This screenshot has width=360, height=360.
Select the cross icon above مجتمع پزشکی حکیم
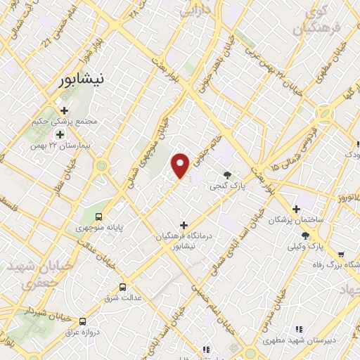64,110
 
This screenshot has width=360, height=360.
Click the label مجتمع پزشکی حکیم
63,122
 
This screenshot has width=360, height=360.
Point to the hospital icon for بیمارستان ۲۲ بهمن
60,134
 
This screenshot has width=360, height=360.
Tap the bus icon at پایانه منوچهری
99,216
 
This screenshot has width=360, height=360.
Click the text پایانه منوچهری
98,228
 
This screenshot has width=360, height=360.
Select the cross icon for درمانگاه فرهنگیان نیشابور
184,225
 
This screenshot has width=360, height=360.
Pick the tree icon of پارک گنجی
226,175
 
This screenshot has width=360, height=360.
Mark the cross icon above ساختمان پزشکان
297,209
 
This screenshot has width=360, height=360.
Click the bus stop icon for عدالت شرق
123,287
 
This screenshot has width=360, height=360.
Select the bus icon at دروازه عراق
83,319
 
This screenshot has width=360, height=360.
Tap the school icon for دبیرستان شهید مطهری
298,328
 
